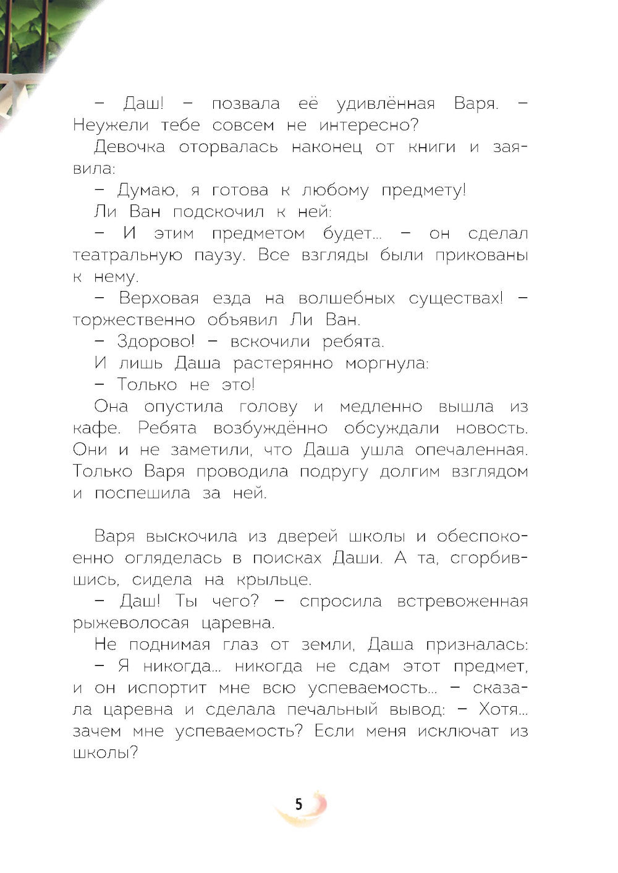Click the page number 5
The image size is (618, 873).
click(299, 804)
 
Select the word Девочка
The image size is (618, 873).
click(129, 147)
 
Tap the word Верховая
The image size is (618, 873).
click(159, 298)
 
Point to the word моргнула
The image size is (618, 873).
click(386, 363)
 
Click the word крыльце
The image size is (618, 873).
click(272, 580)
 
